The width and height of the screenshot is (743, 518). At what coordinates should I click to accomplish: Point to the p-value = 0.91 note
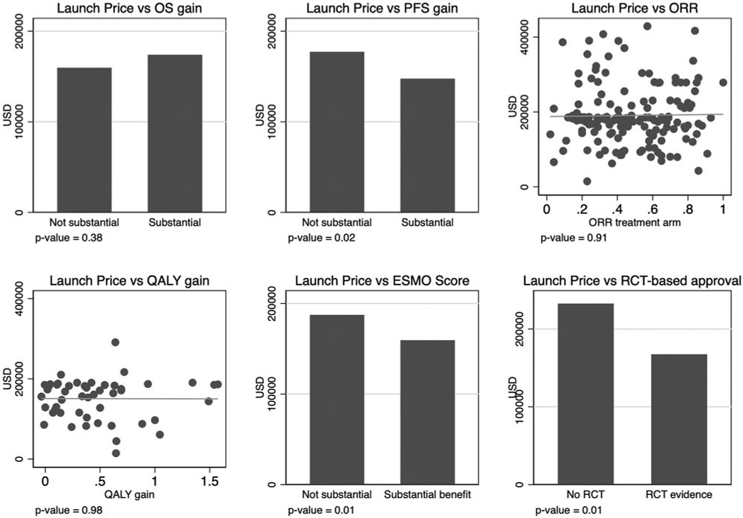tap(568, 238)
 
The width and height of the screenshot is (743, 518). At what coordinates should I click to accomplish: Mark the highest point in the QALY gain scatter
tap(115, 343)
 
